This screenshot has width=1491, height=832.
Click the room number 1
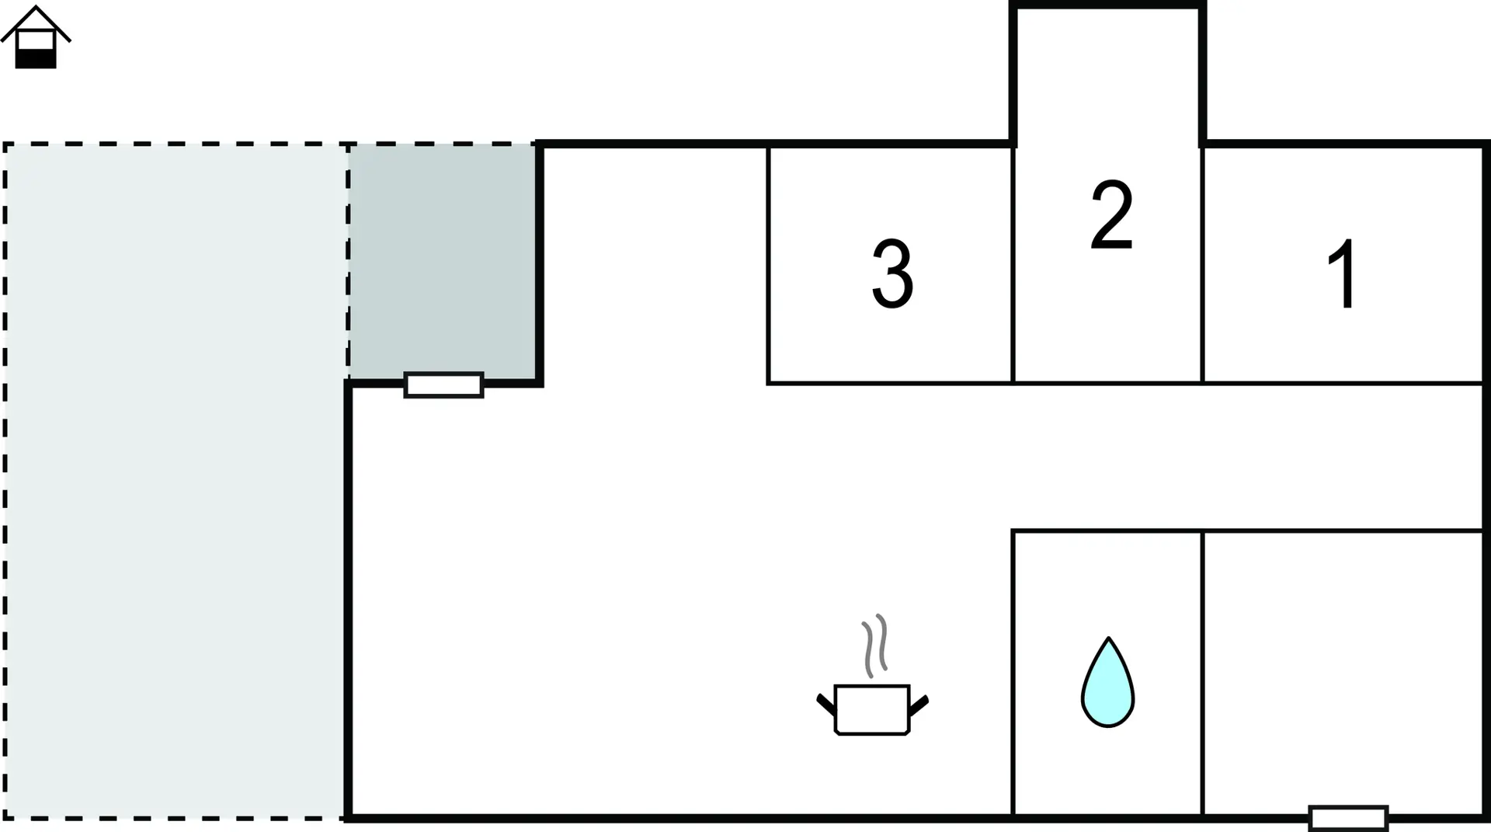1344,273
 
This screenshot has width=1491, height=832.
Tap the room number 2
1111,215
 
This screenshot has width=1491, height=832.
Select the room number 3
892,273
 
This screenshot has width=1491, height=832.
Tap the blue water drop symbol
1108,683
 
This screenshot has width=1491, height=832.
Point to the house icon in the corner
36,37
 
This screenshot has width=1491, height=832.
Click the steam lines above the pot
874,646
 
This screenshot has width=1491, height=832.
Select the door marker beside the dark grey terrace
443,385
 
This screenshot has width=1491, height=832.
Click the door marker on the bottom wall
1348,818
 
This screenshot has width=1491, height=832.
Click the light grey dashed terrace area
175,481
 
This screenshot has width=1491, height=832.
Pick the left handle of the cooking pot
825,704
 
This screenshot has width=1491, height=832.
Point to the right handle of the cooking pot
919,705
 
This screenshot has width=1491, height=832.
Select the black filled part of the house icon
36,59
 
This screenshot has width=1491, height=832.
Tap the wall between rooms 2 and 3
1013,264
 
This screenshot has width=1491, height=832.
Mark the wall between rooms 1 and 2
1202,264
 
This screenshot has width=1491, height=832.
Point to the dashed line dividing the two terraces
348,262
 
